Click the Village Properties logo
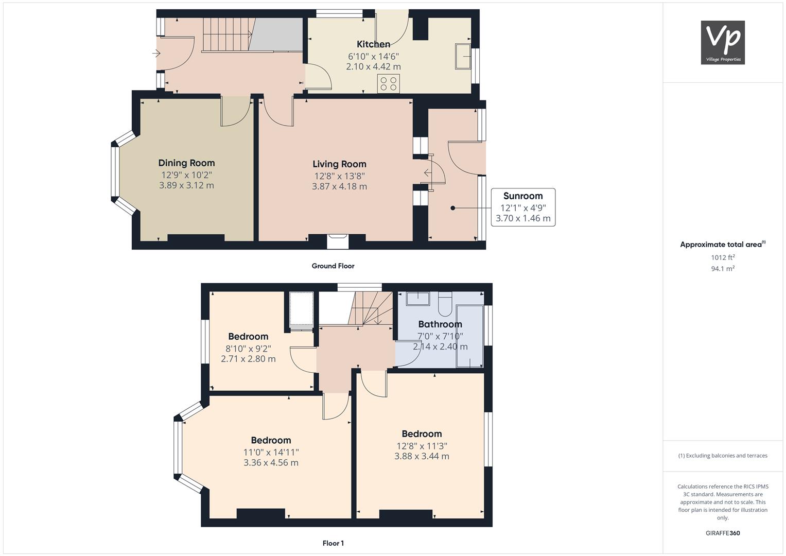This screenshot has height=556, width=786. coord(723,42)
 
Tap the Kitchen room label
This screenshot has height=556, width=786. coord(373,44)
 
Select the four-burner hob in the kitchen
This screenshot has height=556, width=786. coord(389,83)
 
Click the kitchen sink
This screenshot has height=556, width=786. coord(463,56)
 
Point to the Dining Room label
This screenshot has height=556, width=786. coord(186,163)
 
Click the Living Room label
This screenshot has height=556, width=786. coord(339,164)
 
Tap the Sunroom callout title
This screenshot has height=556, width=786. coord(523,196)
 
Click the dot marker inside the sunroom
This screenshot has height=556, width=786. coord(452,208)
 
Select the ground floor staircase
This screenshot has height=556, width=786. coord(229,35)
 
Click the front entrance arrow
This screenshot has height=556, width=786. coord(156,54)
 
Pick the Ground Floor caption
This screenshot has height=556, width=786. coord(333,266)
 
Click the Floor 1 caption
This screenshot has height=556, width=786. coord(333,543)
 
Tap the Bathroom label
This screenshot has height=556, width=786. coord(440,324)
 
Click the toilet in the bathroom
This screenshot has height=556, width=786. coord(445,304)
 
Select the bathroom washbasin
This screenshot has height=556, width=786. coord(418,299)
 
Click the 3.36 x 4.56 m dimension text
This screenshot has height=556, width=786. coord(271,463)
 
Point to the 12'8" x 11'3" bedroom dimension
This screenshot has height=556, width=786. coord(422,446)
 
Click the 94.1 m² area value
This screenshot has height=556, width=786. coord(723,269)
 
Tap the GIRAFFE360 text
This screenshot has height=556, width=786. coord(723,533)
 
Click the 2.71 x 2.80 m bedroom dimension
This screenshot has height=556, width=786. coord(248,359)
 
